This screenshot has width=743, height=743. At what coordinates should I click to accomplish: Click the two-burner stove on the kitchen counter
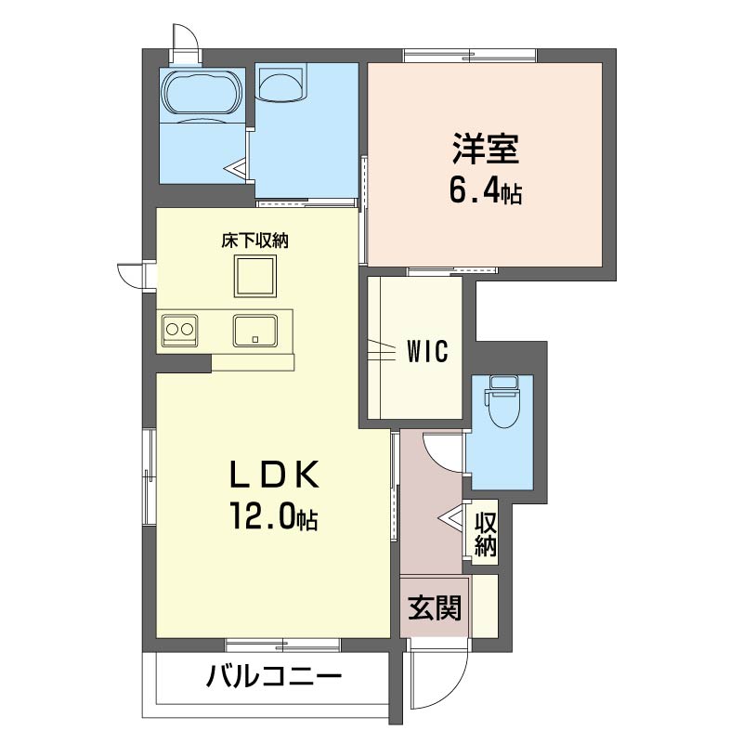click(179, 330)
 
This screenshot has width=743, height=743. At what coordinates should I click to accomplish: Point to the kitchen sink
click(254, 331)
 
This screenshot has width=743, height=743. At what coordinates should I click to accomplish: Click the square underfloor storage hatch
click(254, 276)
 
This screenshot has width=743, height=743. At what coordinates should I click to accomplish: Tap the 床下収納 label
click(254, 241)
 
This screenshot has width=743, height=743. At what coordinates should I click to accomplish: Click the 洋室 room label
click(486, 149)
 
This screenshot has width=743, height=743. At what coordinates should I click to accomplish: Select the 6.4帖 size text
click(486, 191)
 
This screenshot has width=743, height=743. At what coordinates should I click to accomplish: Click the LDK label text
click(275, 475)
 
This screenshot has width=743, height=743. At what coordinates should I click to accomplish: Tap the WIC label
click(427, 352)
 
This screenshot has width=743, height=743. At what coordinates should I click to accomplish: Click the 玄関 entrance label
click(435, 607)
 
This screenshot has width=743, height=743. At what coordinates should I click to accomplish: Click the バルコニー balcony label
click(274, 675)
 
